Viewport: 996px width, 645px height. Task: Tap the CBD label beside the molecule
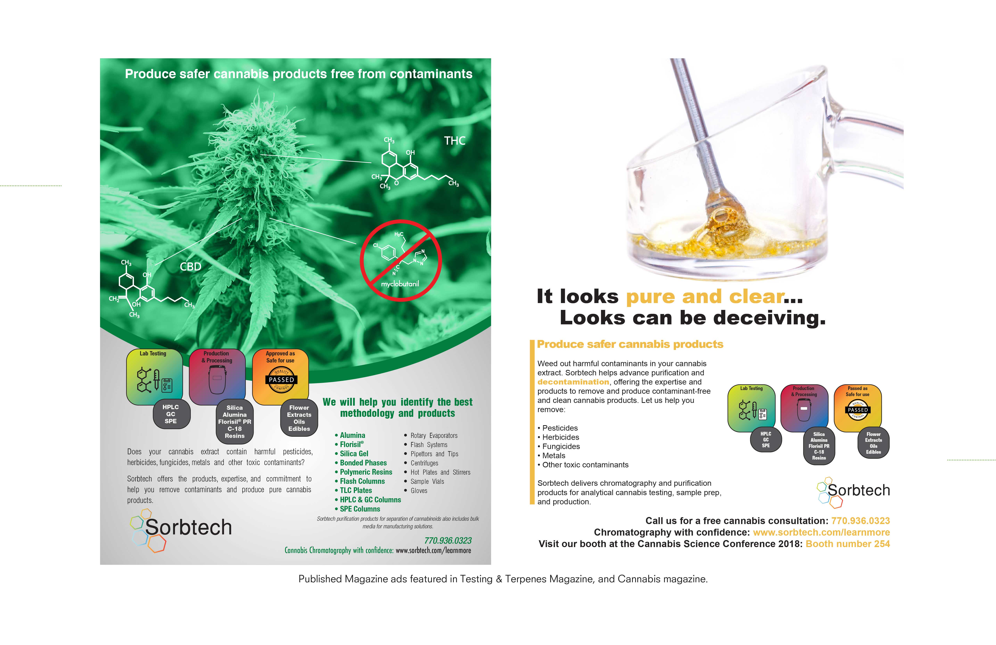click(190, 267)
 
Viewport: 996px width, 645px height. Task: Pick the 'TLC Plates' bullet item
click(356, 490)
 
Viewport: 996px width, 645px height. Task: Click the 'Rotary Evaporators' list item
click(434, 436)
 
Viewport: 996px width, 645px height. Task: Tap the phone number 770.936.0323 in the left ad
click(448, 541)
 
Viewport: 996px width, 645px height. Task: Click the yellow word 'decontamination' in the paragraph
click(573, 382)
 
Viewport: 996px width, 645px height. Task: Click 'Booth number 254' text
click(848, 544)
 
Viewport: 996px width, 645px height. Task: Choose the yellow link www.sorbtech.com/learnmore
click(821, 532)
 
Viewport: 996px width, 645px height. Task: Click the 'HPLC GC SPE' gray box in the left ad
click(171, 414)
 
